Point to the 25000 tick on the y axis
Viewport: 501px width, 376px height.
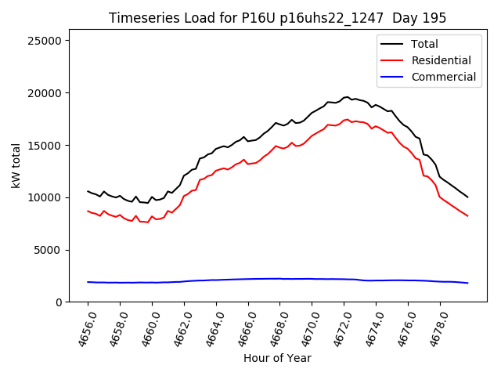point(53,41)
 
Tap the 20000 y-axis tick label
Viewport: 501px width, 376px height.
point(53,93)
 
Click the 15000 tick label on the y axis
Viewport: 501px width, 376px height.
point(53,146)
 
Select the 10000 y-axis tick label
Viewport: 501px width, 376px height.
point(53,197)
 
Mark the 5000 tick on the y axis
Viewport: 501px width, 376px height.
point(56,250)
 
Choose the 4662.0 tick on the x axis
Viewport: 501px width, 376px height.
point(178,327)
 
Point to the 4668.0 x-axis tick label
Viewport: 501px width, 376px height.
point(274,327)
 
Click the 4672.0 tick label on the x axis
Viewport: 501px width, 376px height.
point(338,327)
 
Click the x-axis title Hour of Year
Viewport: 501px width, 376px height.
point(277,359)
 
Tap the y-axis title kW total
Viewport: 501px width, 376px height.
point(16,166)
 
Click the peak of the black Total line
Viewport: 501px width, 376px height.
point(348,97)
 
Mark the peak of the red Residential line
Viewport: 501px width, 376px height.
point(348,119)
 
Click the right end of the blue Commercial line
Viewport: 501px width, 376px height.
point(467,283)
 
